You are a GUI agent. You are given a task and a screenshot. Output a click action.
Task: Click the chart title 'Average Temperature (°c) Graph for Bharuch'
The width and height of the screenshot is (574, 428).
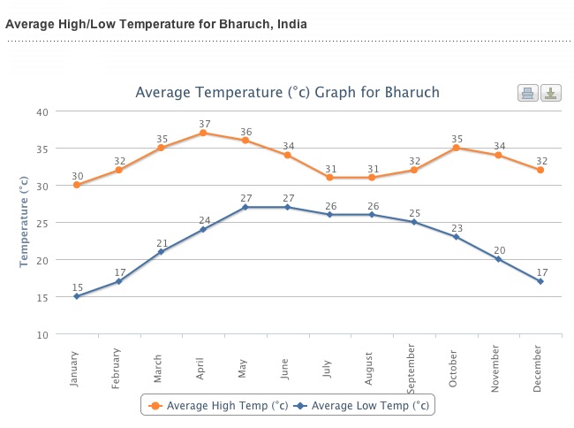pyautogui.click(x=287, y=93)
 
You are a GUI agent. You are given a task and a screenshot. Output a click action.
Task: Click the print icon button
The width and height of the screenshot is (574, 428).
pyautogui.click(x=527, y=93)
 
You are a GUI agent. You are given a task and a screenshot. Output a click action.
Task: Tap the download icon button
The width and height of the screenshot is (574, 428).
pyautogui.click(x=550, y=93)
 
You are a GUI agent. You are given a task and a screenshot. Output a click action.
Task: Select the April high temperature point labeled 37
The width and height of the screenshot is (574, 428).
pyautogui.click(x=203, y=133)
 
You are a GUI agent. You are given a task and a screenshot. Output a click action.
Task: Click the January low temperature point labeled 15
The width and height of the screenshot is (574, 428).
pyautogui.click(x=77, y=296)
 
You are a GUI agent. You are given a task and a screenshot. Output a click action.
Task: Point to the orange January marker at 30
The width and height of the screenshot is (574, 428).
pyautogui.click(x=77, y=185)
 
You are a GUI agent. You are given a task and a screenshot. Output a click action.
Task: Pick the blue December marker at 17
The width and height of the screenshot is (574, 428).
pyautogui.click(x=540, y=281)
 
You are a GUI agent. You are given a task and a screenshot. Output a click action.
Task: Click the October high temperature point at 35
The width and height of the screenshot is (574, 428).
pyautogui.click(x=456, y=148)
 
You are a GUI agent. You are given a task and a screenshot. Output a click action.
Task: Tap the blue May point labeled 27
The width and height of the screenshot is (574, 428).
pyautogui.click(x=245, y=207)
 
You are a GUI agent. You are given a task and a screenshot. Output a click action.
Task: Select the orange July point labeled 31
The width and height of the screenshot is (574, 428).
pyautogui.click(x=329, y=178)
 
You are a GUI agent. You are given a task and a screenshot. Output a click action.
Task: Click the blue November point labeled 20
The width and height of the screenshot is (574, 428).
pyautogui.click(x=498, y=259)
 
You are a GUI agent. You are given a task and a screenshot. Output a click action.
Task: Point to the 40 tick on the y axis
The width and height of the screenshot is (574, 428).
pyautogui.click(x=42, y=111)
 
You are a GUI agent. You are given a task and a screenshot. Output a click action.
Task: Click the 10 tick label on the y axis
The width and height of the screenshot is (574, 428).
pyautogui.click(x=42, y=334)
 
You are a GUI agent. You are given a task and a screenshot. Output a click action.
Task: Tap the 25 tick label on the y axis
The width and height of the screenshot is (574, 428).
pyautogui.click(x=42, y=223)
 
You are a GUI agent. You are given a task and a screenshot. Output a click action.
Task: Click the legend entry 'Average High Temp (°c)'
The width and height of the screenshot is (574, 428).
pyautogui.click(x=221, y=406)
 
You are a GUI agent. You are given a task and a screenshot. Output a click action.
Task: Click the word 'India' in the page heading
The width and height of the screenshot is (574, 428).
pyautogui.click(x=291, y=24)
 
